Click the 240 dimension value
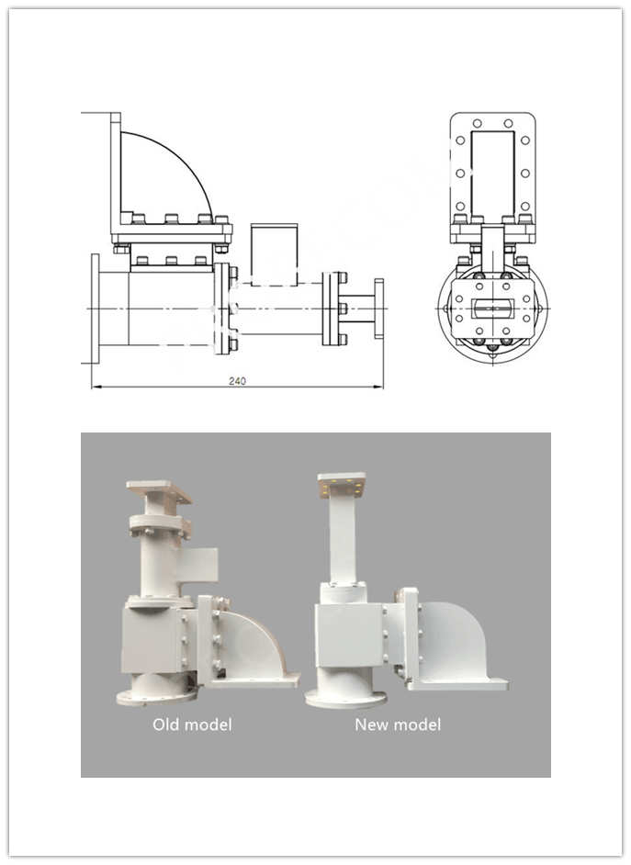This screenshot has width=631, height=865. click(239, 380)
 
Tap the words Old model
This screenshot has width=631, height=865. click(192, 725)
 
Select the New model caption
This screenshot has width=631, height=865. click(398, 725)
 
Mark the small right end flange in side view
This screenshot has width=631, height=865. click(379, 308)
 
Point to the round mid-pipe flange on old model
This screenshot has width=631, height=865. click(161, 530)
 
